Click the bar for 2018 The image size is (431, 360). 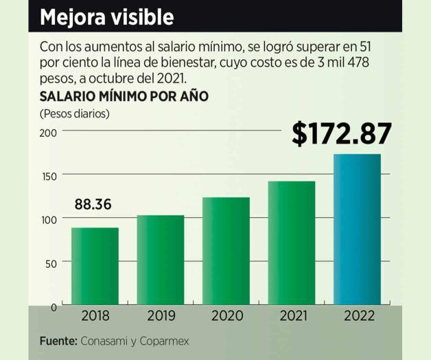[95, 266]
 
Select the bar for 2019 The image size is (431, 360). [161, 260]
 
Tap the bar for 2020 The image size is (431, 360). [226, 251]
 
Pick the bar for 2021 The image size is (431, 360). [292, 243]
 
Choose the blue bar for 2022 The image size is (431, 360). [357, 229]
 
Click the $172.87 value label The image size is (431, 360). [342, 134]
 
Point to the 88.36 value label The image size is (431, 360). [93, 205]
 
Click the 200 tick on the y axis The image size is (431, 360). [47, 131]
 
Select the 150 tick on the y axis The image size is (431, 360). [47, 176]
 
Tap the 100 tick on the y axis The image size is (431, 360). [47, 219]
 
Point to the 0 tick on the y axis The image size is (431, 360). [53, 306]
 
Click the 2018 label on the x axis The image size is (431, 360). [95, 316]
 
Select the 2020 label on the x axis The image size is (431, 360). [226, 316]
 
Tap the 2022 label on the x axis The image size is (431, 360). [357, 316]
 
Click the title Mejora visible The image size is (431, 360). [106, 17]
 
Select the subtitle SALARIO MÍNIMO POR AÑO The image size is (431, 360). [124, 96]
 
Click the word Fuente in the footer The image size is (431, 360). [58, 341]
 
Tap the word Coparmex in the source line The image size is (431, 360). [165, 341]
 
